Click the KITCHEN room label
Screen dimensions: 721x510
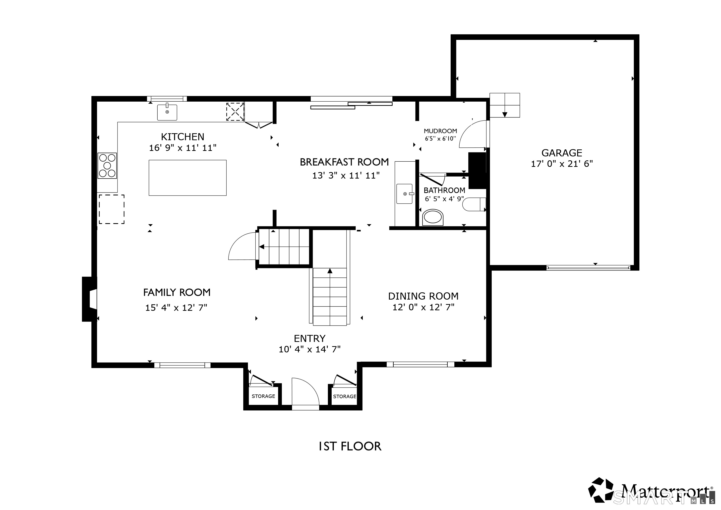click(182, 137)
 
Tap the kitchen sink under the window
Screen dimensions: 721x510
click(167, 112)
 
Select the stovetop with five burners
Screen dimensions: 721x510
click(107, 166)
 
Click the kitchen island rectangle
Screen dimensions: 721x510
click(187, 178)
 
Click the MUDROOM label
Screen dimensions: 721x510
click(440, 131)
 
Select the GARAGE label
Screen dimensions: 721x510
click(562, 153)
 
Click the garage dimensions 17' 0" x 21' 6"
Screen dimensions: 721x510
click(562, 164)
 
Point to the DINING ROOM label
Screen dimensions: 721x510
click(423, 296)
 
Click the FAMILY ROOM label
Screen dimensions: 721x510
click(177, 292)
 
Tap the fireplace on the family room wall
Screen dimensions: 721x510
click(89, 299)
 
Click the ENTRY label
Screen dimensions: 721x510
click(310, 338)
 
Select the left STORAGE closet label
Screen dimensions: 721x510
click(263, 396)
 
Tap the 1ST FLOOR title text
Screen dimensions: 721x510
click(350, 446)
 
